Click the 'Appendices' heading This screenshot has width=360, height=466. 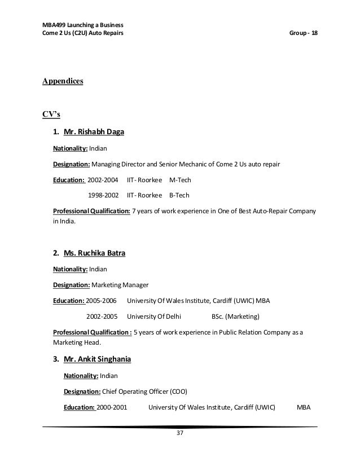pos(63,81)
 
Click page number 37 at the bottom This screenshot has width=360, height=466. pos(180,433)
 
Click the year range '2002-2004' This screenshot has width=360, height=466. pos(103,181)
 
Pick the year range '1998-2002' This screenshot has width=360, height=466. pos(103,196)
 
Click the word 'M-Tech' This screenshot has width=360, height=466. pos(180,181)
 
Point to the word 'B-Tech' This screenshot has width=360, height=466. pos(179,196)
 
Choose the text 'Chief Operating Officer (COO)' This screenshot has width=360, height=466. pos(144,392)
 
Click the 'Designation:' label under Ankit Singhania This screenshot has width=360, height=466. pos(82,392)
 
